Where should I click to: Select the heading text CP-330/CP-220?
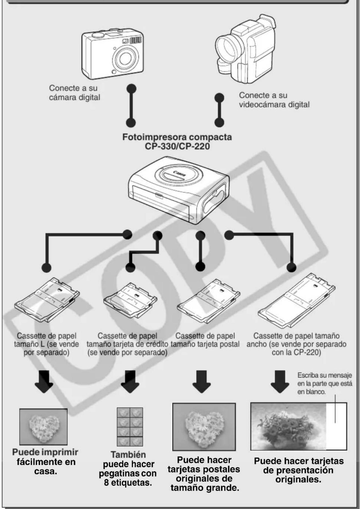point(177,146)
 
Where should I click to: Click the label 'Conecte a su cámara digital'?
point(74,93)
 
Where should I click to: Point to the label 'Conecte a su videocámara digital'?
point(274,100)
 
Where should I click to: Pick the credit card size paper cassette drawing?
point(130,301)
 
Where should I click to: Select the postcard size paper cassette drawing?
point(208,301)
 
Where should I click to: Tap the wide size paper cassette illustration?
point(296,300)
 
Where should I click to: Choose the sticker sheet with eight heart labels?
point(130,427)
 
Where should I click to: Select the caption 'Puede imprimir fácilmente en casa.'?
point(45,462)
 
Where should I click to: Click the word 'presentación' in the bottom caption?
point(298,470)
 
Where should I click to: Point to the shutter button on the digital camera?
point(97,35)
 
